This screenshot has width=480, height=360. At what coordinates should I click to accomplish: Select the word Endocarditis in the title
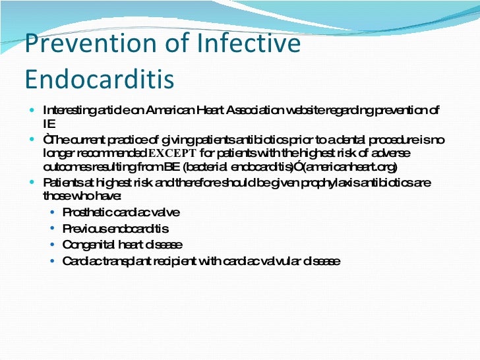(x=100, y=78)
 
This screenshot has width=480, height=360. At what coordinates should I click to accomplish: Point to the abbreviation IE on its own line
(x=48, y=123)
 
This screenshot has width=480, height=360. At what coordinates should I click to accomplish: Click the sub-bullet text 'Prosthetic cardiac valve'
(x=121, y=212)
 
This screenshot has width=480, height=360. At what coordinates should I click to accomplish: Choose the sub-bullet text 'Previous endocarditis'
(x=115, y=229)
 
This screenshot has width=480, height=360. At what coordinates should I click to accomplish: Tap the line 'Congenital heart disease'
(x=122, y=245)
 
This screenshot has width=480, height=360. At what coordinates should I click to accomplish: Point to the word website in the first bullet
(x=308, y=109)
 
